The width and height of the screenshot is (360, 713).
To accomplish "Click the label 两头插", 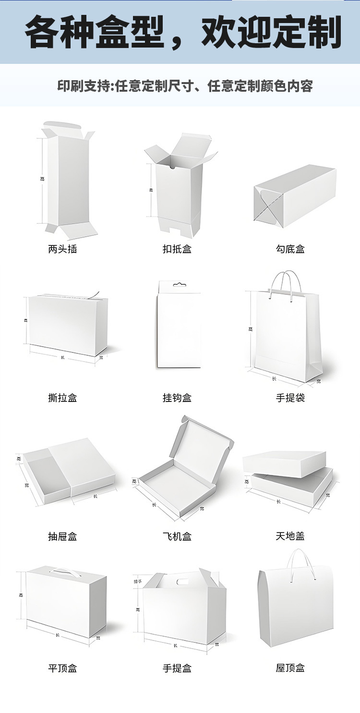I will coord(62,249).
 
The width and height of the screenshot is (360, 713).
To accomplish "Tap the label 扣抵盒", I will coord(177,249).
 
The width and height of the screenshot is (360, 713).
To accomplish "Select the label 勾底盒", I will coord(290,249).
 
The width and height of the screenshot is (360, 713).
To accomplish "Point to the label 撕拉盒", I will coord(62,398).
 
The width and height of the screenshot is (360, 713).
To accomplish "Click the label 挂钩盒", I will coord(177,398).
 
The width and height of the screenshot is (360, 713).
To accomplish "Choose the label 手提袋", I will coord(290,398).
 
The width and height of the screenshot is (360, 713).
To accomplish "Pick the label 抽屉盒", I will coord(62,536).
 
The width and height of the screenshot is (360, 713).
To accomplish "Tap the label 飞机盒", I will coord(177,536).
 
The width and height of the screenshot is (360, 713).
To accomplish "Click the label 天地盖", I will coord(290,536).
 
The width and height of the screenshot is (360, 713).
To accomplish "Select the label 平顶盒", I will coord(62,668).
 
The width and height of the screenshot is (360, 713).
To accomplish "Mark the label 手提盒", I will coord(177,668).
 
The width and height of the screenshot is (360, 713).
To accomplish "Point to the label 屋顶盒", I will coord(290,668).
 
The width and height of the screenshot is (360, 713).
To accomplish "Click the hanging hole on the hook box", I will coord(179,285).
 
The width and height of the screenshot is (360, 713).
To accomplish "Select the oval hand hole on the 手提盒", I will coord(183,582).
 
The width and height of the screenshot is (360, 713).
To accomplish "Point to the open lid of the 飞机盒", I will coord(204,439).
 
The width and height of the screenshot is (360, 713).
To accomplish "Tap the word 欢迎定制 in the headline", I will coord(271,33).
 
